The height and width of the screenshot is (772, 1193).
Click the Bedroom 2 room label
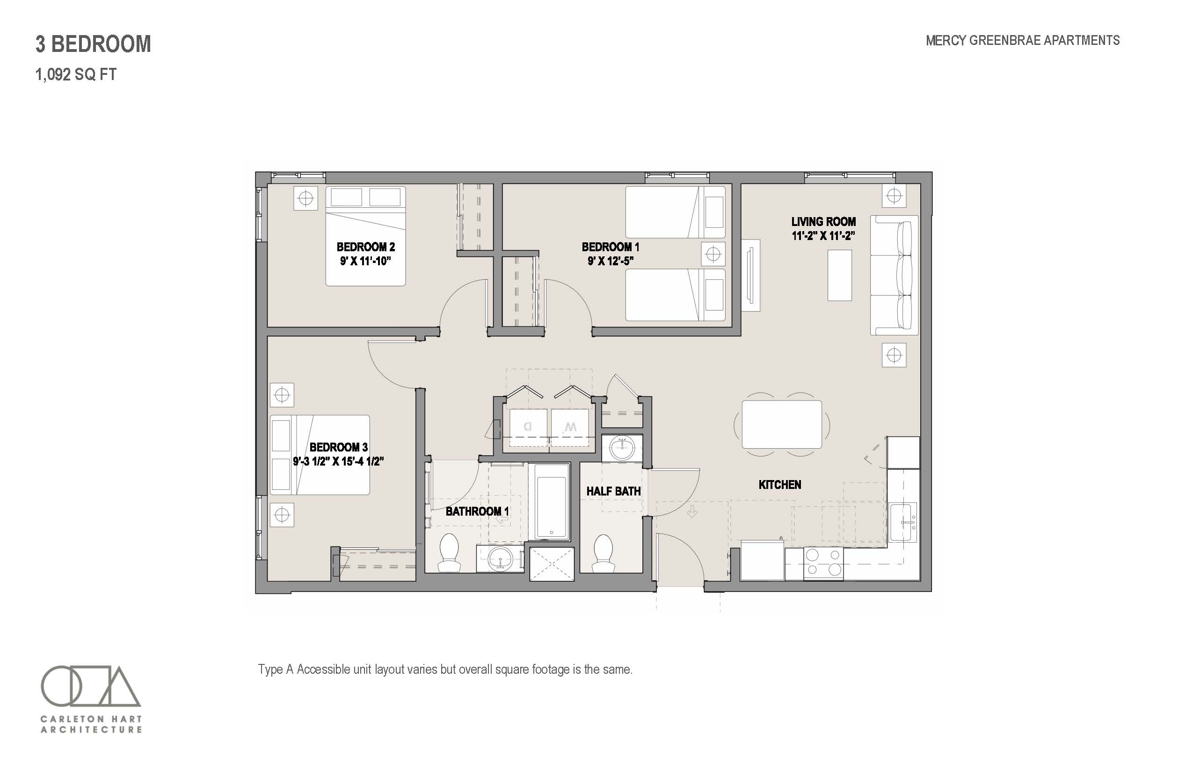tap(365, 247)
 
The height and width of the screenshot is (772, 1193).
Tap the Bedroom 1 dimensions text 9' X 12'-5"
tap(611, 261)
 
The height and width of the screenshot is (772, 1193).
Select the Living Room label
tap(823, 222)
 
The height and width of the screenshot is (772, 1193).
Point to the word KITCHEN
tap(780, 485)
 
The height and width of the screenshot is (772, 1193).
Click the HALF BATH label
tap(613, 491)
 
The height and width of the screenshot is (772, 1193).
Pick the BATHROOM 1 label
tap(477, 511)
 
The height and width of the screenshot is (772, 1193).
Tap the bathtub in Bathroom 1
tap(552, 502)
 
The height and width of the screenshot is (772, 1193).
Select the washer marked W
tap(570, 427)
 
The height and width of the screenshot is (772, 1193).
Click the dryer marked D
tap(528, 427)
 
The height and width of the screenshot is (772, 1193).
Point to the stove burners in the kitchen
tap(823, 563)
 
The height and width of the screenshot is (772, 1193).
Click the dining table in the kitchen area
tap(781, 424)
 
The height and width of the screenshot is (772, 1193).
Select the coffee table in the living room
tap(840, 275)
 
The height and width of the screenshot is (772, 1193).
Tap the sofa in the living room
tap(894, 275)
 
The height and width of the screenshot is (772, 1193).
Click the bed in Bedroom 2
tap(365, 236)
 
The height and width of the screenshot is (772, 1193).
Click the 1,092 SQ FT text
tap(76, 75)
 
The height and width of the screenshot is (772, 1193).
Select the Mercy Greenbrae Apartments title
tap(1023, 41)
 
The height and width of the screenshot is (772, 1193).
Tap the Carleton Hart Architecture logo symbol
tap(91, 685)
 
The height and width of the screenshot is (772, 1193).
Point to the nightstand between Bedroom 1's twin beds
tap(713, 254)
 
